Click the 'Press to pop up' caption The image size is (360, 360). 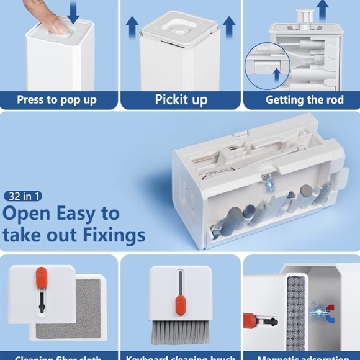click(56, 100)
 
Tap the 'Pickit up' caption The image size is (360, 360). click(181, 100)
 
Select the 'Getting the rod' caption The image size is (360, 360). click(304, 100)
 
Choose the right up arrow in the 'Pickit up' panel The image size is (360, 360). click(229, 27)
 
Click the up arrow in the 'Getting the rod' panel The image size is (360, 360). click(322, 9)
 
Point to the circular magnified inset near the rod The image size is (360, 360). click(267, 65)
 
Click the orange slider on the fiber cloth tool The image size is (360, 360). click(41, 276)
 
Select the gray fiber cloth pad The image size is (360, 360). click(68, 308)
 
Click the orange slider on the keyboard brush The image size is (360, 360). click(180, 305)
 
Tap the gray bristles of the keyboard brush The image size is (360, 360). click(180, 332)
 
